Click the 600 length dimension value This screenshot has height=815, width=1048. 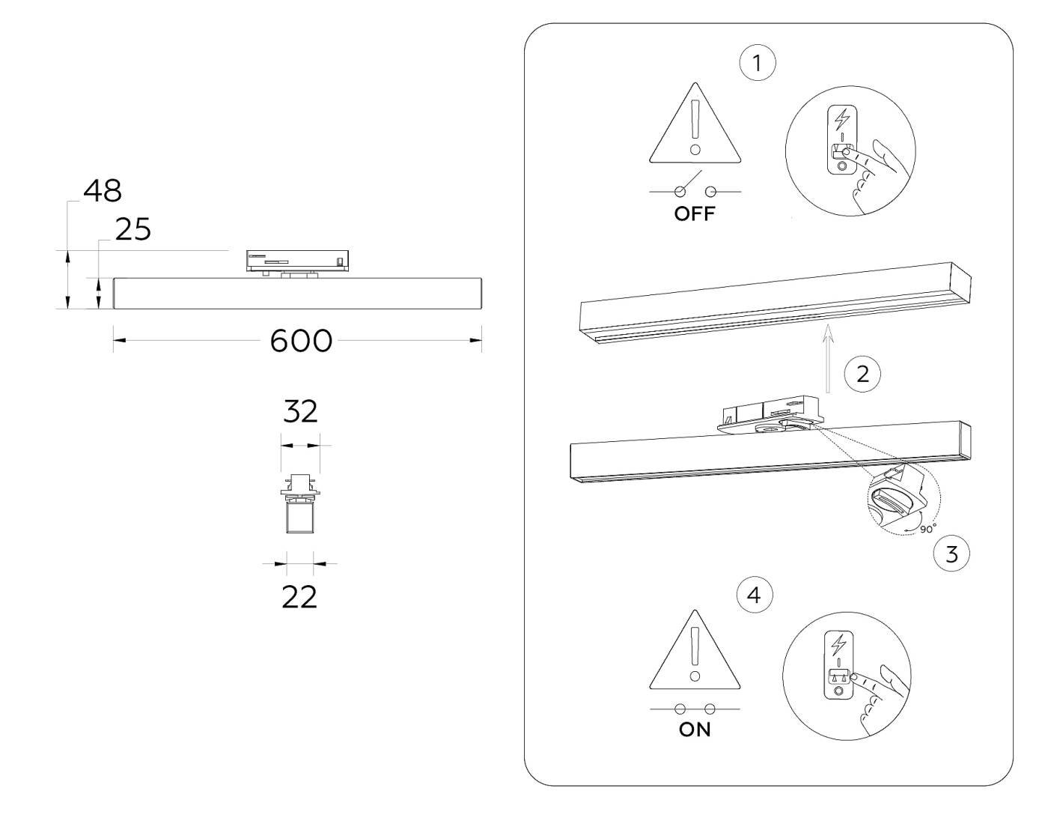click(x=300, y=341)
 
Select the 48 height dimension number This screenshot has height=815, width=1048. click(x=103, y=191)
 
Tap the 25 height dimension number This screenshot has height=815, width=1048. click(x=133, y=230)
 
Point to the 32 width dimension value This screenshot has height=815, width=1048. click(x=300, y=411)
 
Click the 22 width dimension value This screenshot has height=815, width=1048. click(x=299, y=597)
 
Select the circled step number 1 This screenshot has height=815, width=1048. click(x=757, y=63)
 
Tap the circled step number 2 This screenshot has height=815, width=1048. click(x=862, y=373)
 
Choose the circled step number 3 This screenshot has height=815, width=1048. click(x=951, y=554)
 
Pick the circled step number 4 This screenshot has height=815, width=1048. click(x=755, y=596)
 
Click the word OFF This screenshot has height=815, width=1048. click(x=695, y=214)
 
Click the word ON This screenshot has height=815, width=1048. click(x=695, y=730)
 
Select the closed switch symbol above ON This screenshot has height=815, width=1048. click(x=694, y=709)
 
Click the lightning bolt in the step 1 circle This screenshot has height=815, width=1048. click(x=843, y=120)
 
